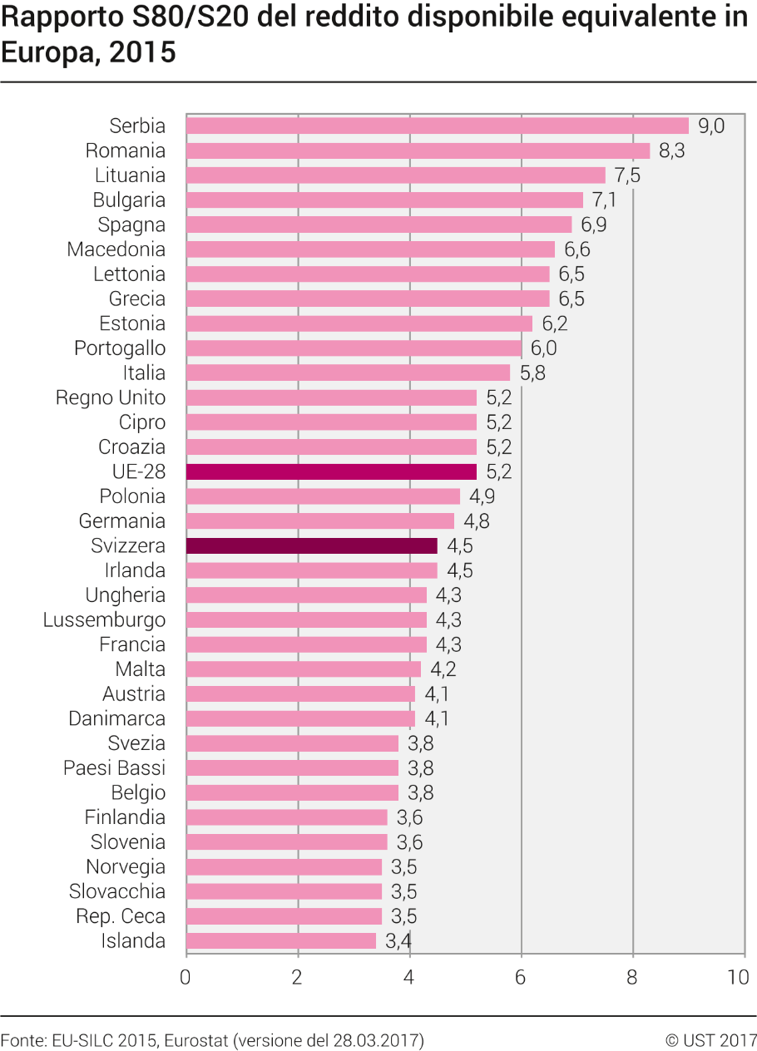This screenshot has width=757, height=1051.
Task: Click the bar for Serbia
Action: (x=438, y=126)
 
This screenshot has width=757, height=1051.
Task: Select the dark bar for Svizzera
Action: (x=312, y=545)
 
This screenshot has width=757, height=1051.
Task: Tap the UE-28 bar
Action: (x=331, y=471)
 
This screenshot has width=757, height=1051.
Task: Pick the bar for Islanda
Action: (x=281, y=940)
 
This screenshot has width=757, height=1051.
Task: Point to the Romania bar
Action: (x=418, y=150)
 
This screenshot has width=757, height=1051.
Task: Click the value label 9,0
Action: (x=711, y=126)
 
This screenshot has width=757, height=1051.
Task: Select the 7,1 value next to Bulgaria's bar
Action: (x=605, y=200)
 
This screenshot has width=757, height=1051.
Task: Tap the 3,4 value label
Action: (x=398, y=940)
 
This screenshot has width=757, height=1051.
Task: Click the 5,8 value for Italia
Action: (x=532, y=373)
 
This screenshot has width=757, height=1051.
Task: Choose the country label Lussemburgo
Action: (x=104, y=619)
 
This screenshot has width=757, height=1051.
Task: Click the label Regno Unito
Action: (x=111, y=397)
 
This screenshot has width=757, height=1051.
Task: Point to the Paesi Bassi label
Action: (x=115, y=768)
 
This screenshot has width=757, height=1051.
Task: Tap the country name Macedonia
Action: (x=116, y=249)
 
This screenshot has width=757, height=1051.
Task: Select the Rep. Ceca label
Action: (x=121, y=916)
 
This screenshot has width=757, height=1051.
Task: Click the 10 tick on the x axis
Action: (x=738, y=977)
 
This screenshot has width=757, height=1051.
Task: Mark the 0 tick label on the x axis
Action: (x=186, y=977)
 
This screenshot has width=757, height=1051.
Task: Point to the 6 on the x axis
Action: (x=521, y=977)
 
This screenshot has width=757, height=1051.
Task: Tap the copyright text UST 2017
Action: (x=720, y=1040)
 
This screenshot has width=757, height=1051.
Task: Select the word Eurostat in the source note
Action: (x=196, y=1040)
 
